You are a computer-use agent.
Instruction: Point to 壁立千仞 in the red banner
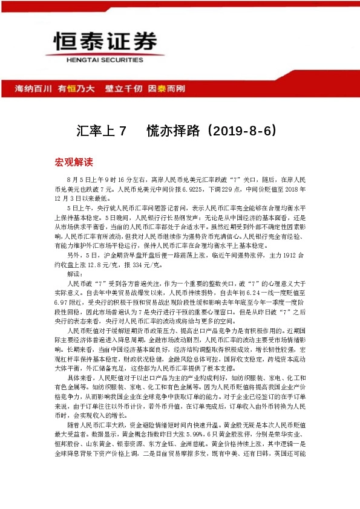coord(124,88)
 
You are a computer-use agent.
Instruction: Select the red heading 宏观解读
coord(74,162)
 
